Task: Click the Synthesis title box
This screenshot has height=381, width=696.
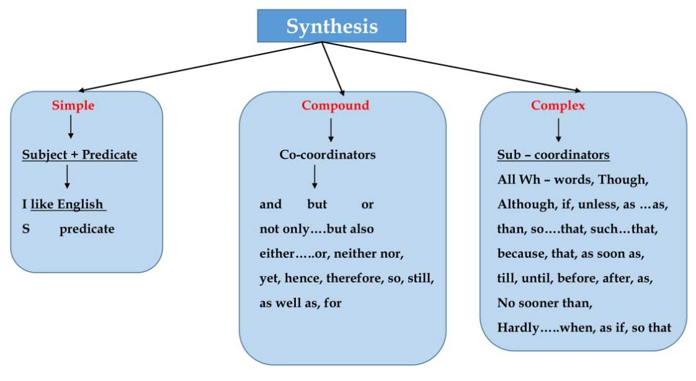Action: [331, 26]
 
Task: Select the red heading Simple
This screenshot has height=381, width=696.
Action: [73, 105]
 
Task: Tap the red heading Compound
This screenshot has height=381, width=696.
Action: [335, 105]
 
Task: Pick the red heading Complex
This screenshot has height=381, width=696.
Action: [558, 105]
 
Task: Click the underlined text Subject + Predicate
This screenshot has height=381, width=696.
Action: [79, 155]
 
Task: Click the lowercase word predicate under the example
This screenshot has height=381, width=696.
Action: [87, 229]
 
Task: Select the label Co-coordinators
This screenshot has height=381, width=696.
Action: [327, 155]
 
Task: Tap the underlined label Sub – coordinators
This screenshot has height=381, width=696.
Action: [553, 155]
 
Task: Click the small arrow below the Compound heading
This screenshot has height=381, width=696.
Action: [331, 129]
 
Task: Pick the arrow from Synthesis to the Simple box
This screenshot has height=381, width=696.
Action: [199, 67]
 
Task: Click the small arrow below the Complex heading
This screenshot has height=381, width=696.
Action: [558, 129]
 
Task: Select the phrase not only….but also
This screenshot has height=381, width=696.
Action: [316, 229]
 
